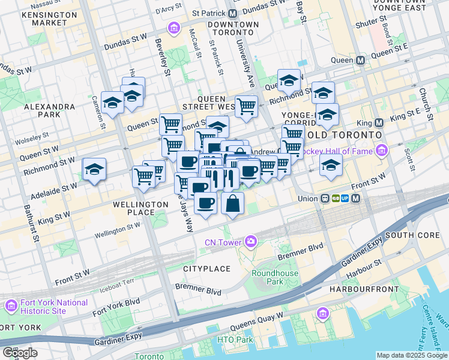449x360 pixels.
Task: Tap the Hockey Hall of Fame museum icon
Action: tap(379, 151)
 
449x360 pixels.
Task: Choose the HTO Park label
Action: tap(236, 340)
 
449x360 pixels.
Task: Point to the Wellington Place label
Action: tap(140, 208)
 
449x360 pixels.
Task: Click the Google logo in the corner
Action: tap(20, 352)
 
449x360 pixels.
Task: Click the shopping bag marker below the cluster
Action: tap(232, 203)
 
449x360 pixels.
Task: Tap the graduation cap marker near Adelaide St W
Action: tap(94, 170)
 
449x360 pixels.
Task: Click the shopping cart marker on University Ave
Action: tap(246, 107)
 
